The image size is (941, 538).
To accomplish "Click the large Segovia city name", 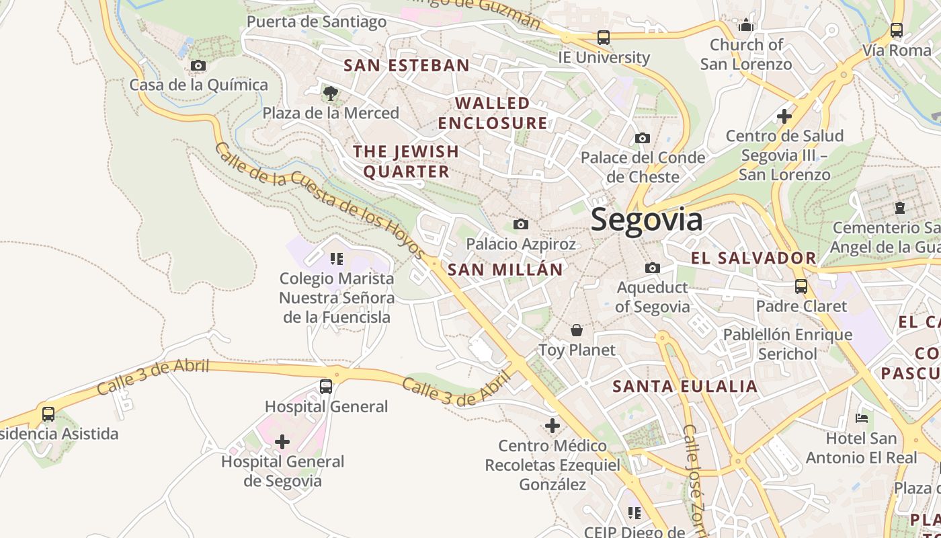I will click(x=647, y=220).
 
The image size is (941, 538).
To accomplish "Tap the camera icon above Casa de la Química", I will click(x=198, y=65).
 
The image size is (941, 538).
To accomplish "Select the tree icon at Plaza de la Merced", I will click(x=330, y=93).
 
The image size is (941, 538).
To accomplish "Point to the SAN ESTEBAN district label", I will click(x=406, y=65).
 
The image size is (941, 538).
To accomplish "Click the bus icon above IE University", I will click(x=604, y=38).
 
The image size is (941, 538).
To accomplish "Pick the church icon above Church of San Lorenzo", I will click(x=745, y=26).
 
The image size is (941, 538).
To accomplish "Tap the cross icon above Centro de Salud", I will click(x=784, y=116).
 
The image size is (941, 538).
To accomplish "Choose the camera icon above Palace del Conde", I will click(x=643, y=138).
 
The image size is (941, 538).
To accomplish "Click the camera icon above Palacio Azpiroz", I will click(x=521, y=224).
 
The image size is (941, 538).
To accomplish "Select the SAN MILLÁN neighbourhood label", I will click(x=505, y=270).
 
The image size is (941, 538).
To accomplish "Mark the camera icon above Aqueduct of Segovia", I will click(x=652, y=268).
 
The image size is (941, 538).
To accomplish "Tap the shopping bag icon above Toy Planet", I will click(x=576, y=330).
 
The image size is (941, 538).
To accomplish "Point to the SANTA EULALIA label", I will click(x=685, y=386).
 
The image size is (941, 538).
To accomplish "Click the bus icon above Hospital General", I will click(x=326, y=387).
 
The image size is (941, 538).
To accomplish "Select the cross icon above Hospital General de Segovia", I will click(x=282, y=442).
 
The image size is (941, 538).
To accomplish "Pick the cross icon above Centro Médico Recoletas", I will click(x=553, y=426).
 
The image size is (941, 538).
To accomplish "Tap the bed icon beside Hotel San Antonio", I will click(x=862, y=418).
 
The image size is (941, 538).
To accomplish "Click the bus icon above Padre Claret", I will click(x=801, y=286).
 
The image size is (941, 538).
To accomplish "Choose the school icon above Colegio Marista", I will click(x=336, y=258).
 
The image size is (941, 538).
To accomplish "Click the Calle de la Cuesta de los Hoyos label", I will click(x=320, y=200).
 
